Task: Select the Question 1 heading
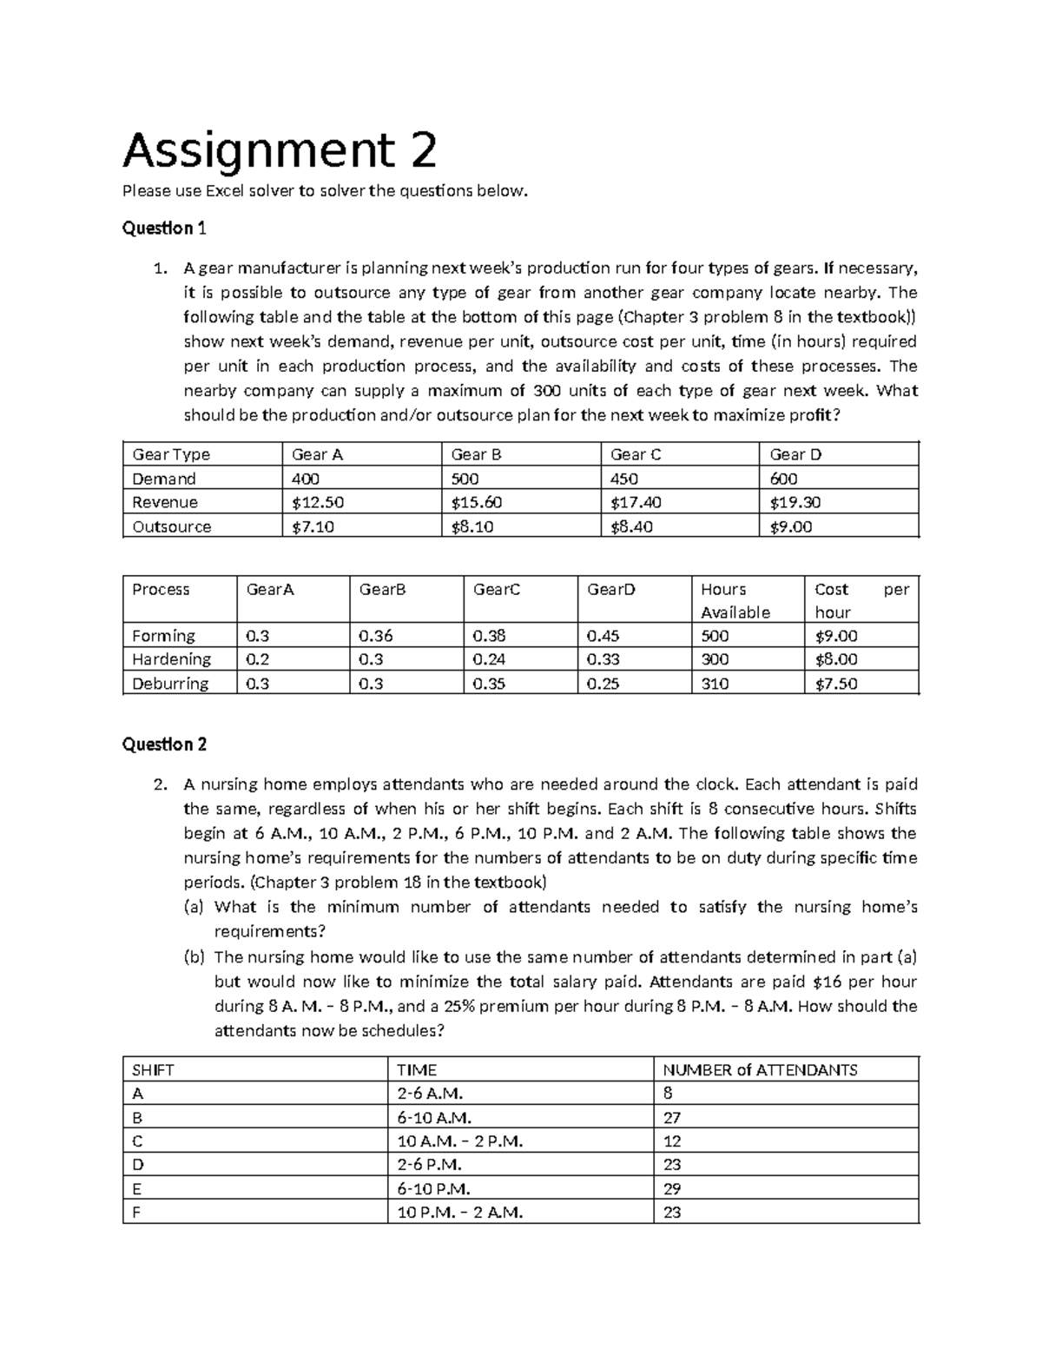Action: tap(164, 228)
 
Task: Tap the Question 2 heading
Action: tap(164, 744)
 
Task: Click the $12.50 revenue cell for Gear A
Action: tap(312, 502)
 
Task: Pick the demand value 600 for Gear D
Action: tap(783, 479)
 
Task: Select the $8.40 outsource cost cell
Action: tap(631, 526)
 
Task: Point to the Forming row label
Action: tap(163, 636)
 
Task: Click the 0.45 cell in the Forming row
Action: tap(603, 636)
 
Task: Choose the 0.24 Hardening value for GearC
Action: tap(489, 659)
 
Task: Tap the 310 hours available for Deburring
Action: tap(715, 684)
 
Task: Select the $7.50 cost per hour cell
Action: tap(835, 684)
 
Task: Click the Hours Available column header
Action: tap(735, 600)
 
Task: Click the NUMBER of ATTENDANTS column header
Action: tap(759, 1070)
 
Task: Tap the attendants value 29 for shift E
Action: tap(671, 1188)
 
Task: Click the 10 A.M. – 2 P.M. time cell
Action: tap(459, 1141)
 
